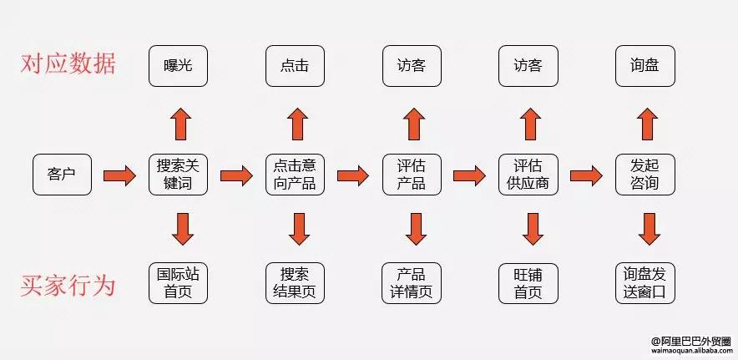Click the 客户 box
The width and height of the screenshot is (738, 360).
point(62,175)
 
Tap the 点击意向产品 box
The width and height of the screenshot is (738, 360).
point(295,175)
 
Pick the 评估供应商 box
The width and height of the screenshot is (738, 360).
point(528,175)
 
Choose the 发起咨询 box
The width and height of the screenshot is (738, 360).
point(644,175)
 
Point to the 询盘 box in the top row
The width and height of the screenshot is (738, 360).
point(644,64)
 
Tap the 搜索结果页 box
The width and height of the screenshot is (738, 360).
point(295,283)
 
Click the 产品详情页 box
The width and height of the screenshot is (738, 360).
point(411,283)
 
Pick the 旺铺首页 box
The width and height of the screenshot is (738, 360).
point(528,283)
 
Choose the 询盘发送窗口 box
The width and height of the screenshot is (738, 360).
point(644,283)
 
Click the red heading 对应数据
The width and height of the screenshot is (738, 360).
point(68,64)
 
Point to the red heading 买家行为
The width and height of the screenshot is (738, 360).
point(68,286)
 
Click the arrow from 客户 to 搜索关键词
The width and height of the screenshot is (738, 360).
point(119,175)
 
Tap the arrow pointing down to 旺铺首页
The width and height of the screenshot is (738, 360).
point(528,227)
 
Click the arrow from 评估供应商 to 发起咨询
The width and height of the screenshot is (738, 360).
point(586,175)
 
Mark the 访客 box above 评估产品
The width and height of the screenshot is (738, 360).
point(411,64)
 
